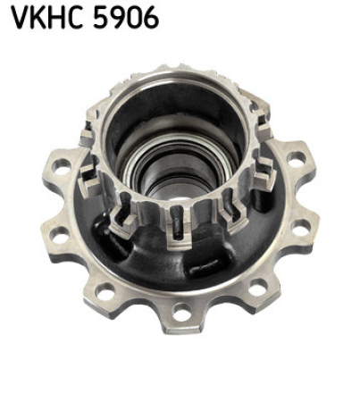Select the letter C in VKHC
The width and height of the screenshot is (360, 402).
click(x=77, y=18)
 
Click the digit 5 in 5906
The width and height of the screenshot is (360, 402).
click(x=104, y=18)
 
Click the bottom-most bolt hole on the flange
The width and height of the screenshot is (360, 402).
click(x=181, y=314)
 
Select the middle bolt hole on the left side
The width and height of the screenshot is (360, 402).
click(x=56, y=235)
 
